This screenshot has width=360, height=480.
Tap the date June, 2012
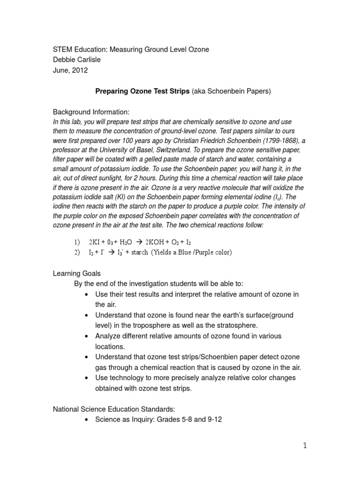(70, 70)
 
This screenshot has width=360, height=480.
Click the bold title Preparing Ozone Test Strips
(142, 91)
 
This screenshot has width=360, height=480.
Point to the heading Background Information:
(90, 112)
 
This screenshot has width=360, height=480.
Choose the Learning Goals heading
(76, 273)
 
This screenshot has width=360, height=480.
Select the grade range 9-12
(213, 420)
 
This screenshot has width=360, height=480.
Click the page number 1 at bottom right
(304, 445)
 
